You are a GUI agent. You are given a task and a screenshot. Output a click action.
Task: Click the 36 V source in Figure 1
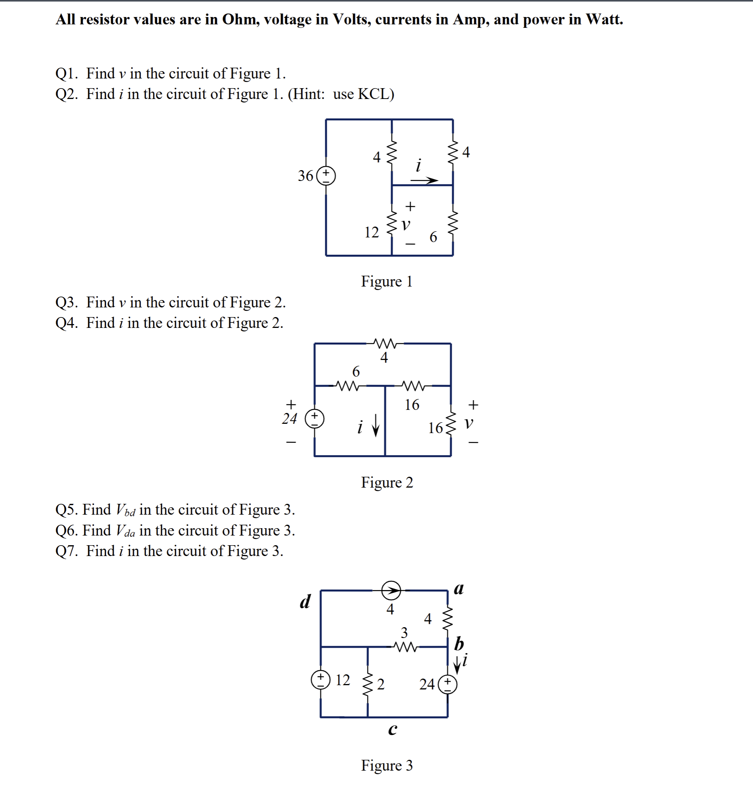(326, 176)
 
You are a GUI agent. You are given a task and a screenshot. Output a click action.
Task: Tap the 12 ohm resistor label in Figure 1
(371, 232)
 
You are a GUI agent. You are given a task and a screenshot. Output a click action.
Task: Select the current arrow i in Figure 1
(424, 181)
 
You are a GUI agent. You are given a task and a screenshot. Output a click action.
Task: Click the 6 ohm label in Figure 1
(433, 237)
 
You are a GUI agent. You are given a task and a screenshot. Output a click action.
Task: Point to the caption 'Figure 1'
(386, 281)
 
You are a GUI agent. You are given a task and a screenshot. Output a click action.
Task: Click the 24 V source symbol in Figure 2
(315, 418)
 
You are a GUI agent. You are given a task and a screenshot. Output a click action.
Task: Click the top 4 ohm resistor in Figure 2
(385, 343)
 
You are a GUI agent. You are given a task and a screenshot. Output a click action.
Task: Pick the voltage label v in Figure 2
(468, 423)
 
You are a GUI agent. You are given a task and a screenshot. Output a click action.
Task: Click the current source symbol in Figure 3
(391, 590)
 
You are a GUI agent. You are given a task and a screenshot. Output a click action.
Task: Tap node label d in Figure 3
(305, 602)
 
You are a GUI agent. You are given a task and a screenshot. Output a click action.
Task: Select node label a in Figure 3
(458, 589)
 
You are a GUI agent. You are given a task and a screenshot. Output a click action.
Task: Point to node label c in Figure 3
(393, 729)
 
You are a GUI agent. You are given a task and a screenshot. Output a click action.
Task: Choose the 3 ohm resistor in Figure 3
(405, 647)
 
